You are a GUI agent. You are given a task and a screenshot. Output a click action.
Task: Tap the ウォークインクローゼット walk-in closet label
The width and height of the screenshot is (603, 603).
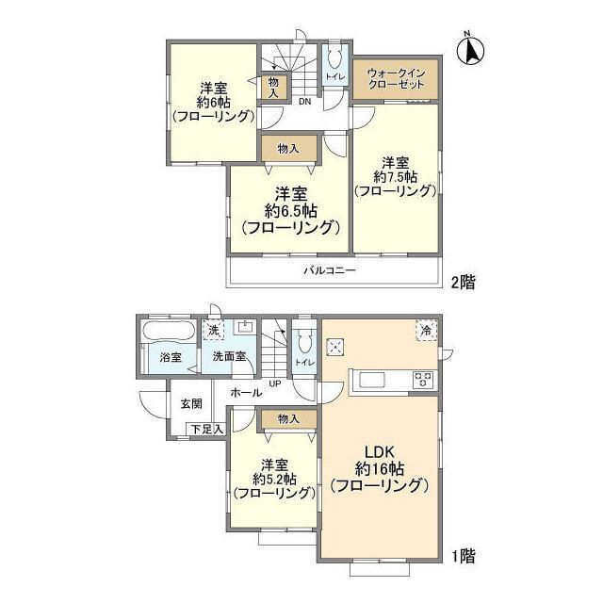coord(396,77)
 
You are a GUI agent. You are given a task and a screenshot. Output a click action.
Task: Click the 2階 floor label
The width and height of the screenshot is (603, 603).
coord(461,282)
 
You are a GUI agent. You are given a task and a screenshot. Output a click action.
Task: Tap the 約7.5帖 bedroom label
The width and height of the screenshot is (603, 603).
coord(395,176)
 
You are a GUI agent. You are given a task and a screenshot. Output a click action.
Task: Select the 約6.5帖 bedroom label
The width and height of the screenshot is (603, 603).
coord(289,210)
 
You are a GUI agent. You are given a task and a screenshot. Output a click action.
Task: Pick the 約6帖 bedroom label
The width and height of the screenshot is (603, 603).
coord(213,101)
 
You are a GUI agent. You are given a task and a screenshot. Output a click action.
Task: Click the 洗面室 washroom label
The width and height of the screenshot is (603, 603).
coord(228,358)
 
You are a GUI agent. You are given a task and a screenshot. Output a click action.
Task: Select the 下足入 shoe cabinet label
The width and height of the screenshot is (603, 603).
coord(206,430)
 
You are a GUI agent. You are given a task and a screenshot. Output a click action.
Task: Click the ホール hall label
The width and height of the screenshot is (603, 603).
coord(246,389)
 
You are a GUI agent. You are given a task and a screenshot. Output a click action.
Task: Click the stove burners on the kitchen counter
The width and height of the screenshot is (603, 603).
coord(423,381)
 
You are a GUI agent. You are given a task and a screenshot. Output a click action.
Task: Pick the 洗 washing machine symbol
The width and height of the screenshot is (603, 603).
coord(214,331)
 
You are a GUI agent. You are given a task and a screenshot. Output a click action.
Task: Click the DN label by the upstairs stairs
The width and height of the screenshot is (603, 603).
coord(304,101)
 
